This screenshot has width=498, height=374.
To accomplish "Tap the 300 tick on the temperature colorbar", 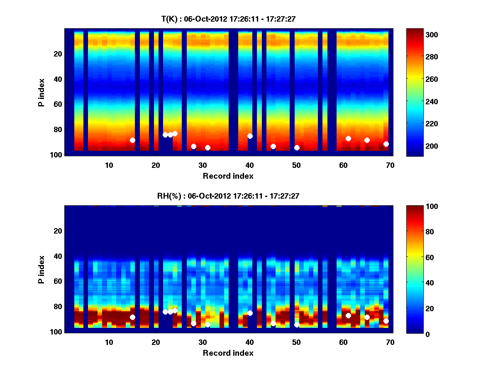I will tap(417, 34).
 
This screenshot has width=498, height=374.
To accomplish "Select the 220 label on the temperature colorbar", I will tap(417, 124).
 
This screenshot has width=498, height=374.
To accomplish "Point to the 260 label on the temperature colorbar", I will tap(417, 79).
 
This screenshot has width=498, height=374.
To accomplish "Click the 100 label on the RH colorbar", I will tap(417, 207).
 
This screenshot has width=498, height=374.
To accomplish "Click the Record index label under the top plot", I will tap(228, 176).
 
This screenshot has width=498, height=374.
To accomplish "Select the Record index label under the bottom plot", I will tap(228, 353).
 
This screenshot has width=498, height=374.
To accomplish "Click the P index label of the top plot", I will tap(41, 92).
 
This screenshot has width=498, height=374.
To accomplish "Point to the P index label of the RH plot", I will tap(41, 269).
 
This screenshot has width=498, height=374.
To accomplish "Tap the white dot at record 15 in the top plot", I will tap(132, 140).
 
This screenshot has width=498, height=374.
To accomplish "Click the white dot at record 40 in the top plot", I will tap(250, 136).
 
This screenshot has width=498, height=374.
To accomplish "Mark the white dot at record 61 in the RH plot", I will tap(348, 315).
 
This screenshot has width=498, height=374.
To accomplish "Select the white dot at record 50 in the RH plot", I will tap(297, 325).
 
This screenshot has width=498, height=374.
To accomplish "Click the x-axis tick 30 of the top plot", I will tap(203, 165).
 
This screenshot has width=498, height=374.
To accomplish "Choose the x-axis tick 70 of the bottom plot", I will tap(390, 342).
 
